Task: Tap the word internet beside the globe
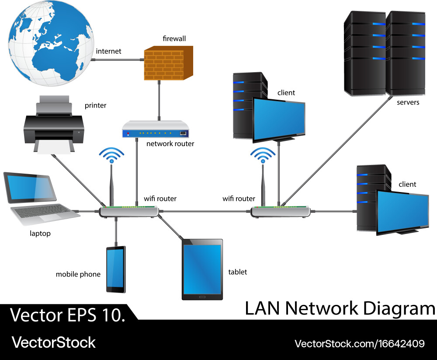click(108, 52)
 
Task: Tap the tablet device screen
click(202, 269)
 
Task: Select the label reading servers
click(408, 102)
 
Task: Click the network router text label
click(170, 143)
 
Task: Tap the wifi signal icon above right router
click(263, 155)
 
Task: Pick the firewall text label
click(174, 39)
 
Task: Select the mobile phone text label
click(78, 275)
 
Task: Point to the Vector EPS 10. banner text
click(68, 315)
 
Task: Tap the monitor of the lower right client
click(402, 211)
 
